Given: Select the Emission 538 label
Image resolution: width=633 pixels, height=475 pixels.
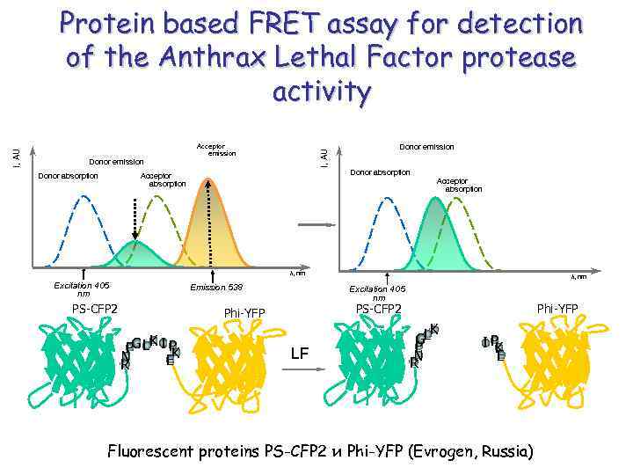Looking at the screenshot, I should (x=215, y=288).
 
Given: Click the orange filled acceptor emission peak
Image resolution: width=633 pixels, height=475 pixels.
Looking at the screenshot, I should (x=209, y=233).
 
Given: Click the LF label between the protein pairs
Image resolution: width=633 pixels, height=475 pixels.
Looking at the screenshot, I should (x=300, y=354).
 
